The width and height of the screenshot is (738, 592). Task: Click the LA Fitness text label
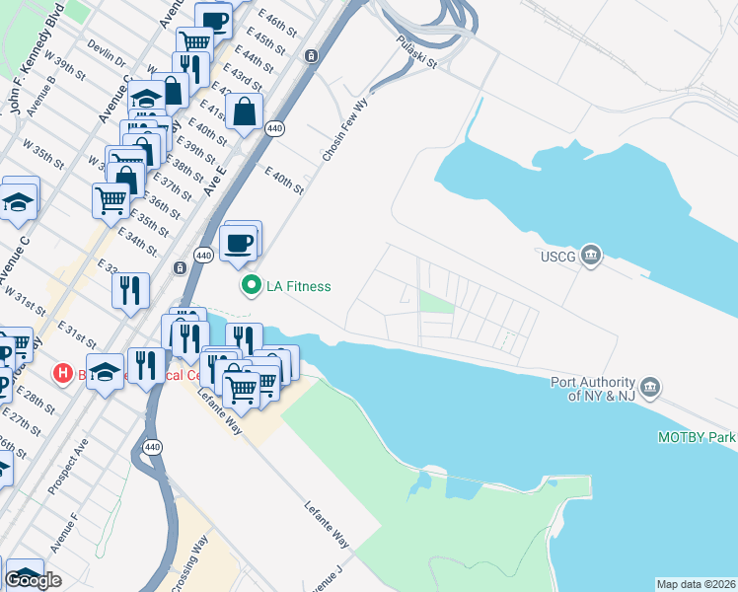[299, 286]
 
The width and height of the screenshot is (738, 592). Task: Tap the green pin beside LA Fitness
[251, 286]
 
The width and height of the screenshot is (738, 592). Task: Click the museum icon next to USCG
[590, 256]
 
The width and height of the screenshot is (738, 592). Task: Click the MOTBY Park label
[698, 437]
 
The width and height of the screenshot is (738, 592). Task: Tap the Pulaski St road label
[415, 49]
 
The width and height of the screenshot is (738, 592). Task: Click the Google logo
[33, 580]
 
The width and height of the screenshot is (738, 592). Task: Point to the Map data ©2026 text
[697, 584]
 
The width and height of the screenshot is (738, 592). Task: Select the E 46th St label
[277, 25]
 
